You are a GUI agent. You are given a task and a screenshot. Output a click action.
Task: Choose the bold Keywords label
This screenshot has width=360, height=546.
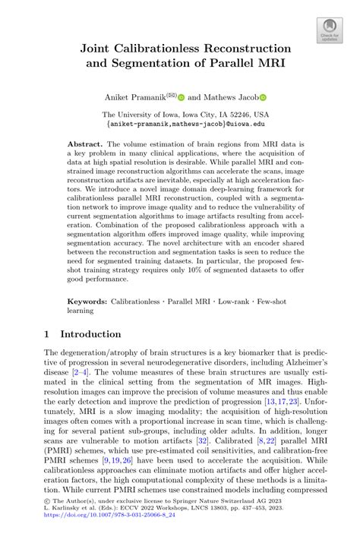click(87, 301)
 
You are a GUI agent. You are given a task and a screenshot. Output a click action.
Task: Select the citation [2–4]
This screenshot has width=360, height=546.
click(81, 373)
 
